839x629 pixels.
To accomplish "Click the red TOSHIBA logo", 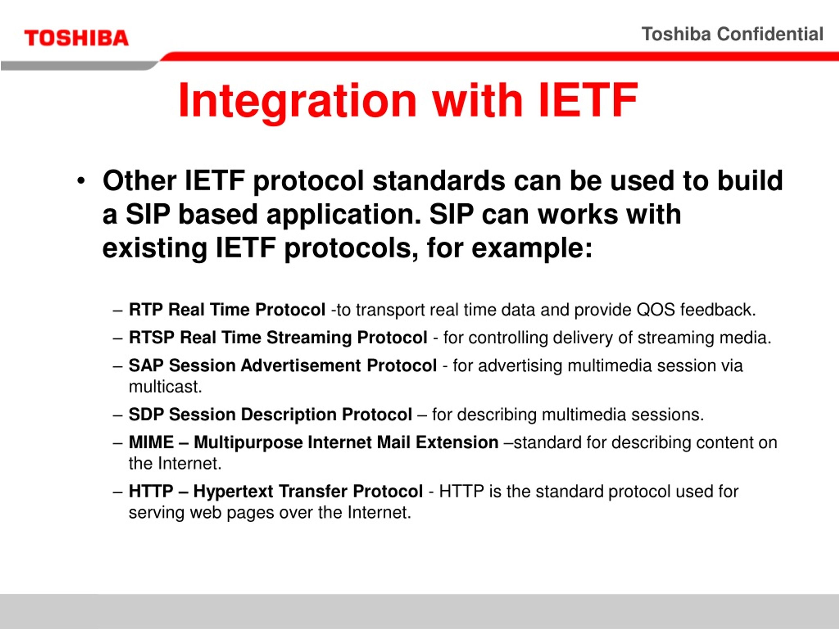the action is coord(76,38).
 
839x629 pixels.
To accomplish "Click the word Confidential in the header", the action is coord(770,34).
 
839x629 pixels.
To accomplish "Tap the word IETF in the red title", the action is coord(588,100).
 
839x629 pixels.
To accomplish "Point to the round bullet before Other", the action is coord(80,181).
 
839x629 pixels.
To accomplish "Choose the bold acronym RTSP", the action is coord(152,337).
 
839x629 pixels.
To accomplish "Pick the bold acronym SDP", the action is coord(146,414).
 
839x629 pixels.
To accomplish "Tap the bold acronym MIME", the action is coord(151,442).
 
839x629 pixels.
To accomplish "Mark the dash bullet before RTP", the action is coord(118,311).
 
